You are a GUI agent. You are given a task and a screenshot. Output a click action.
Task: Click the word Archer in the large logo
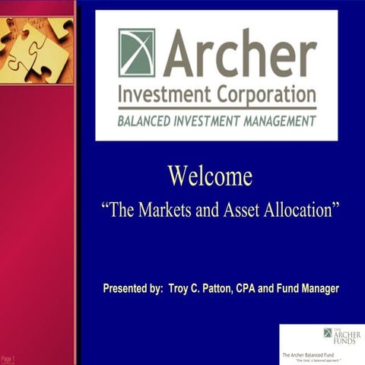click(239, 52)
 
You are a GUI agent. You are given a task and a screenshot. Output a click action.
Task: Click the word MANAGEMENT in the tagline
click(275, 120)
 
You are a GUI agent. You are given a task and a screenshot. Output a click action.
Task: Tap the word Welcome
click(210, 176)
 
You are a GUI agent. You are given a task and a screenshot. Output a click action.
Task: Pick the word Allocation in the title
click(298, 210)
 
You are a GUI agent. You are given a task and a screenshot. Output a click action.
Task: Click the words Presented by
click(133, 289)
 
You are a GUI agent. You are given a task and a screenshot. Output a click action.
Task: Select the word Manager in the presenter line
click(319, 289)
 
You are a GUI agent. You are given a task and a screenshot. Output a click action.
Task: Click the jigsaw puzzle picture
click(36, 41)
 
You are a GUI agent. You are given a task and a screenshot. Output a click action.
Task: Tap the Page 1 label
click(8, 357)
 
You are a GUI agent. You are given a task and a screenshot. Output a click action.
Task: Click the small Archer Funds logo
click(341, 335)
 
